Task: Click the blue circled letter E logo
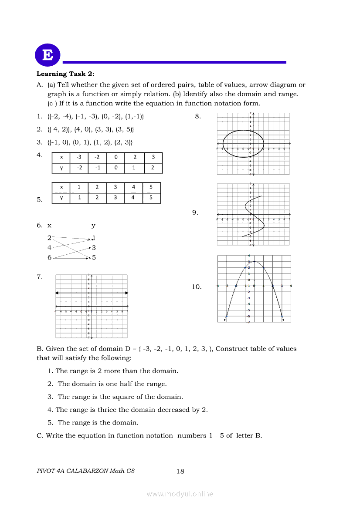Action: tap(48, 55)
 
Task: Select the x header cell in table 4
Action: tap(61, 157)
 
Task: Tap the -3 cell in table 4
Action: tap(79, 157)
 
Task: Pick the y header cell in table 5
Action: tap(61, 198)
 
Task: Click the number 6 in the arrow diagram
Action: tap(50, 257)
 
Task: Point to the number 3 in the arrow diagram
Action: tap(94, 247)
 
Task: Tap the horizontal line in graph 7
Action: tap(92, 293)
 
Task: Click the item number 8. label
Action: tap(197, 116)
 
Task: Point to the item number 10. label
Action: tap(197, 287)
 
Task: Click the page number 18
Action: tap(180, 471)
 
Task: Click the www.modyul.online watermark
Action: tap(180, 494)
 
